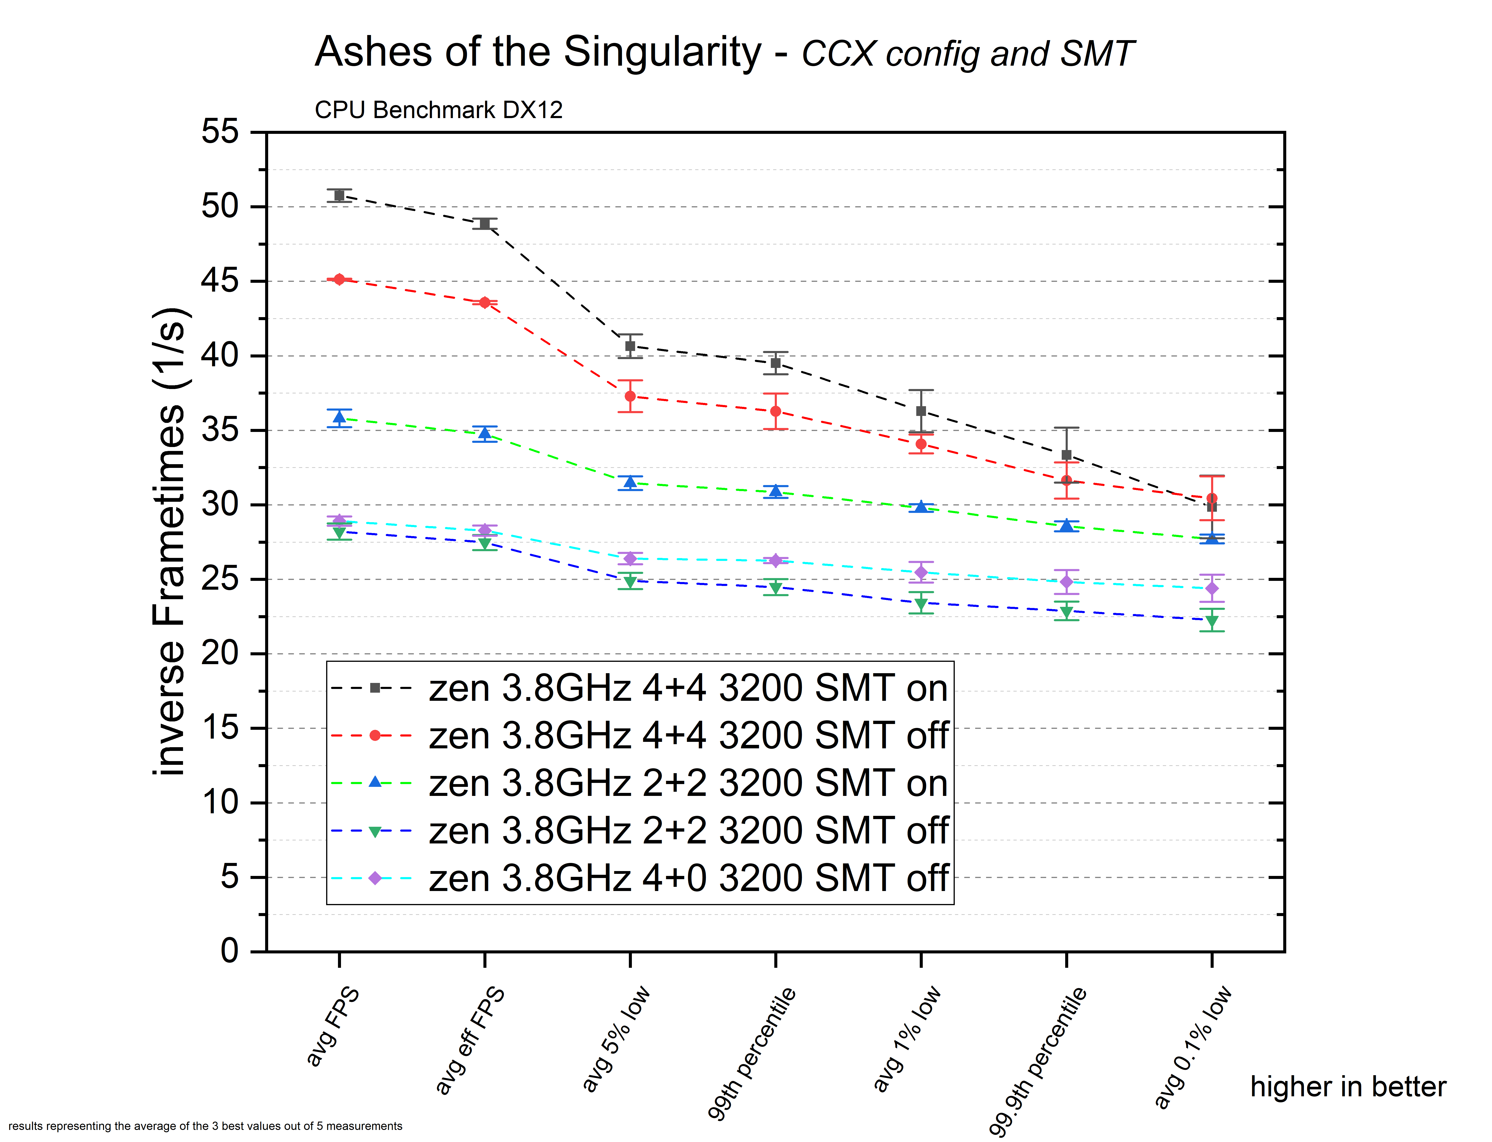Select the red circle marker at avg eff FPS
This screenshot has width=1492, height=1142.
coord(485,302)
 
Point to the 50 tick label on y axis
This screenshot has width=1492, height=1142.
coord(220,206)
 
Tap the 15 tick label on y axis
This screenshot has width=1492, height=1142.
coord(220,728)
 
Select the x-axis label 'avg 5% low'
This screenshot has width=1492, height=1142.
coord(616,1039)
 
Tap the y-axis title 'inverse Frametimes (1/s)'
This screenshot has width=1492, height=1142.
coord(169,542)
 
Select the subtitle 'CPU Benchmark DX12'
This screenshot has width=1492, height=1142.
coord(438,110)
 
